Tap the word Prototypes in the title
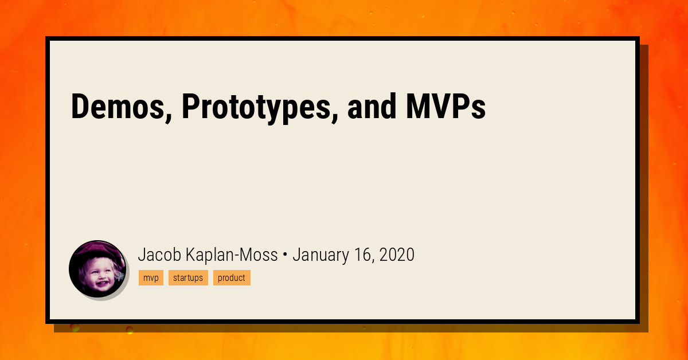click(260, 108)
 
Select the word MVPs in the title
click(445, 106)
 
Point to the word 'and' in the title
click(372, 106)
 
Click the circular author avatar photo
click(97, 269)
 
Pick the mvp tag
click(151, 277)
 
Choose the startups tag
click(188, 277)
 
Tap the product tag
click(232, 277)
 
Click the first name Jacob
click(159, 255)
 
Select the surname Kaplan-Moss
click(232, 255)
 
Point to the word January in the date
click(320, 255)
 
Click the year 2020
click(397, 255)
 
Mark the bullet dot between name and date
click(285, 255)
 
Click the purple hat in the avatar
click(97, 249)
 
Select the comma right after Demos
click(168, 117)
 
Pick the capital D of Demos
click(80, 106)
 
